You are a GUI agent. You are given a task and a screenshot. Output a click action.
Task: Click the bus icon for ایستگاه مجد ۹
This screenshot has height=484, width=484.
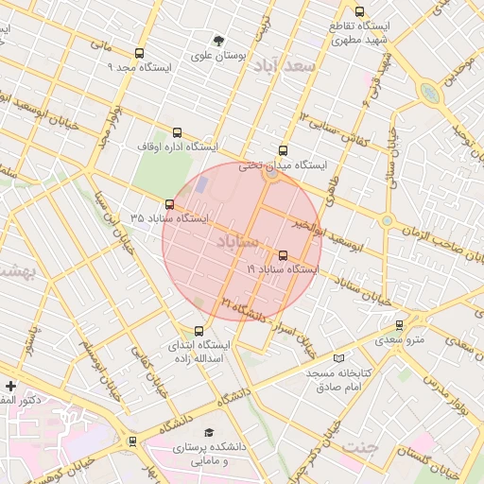140,54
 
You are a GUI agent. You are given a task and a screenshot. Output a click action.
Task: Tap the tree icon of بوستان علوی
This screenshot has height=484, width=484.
219,42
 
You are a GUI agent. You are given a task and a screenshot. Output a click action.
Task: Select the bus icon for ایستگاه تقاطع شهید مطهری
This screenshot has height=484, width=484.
359,12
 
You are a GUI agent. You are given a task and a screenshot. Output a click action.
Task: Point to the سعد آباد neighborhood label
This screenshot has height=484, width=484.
289,66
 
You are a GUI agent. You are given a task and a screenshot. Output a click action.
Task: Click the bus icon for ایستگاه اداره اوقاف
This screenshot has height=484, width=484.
178,134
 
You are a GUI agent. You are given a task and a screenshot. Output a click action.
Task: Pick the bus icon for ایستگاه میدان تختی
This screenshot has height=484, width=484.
284,150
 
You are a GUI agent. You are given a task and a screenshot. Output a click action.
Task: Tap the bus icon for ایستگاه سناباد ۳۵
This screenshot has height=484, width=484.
169,204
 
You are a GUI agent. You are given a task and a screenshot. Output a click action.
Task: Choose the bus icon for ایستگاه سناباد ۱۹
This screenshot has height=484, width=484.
283,255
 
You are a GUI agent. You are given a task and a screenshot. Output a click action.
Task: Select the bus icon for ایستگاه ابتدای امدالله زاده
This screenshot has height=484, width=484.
199,331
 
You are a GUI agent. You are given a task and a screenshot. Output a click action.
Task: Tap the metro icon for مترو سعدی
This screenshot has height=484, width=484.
400,324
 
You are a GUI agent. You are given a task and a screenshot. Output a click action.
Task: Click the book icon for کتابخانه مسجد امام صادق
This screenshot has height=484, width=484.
339,359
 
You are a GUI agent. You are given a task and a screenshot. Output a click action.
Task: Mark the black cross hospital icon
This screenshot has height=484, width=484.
10,386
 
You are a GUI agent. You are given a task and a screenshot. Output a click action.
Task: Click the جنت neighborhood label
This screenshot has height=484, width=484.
359,445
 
